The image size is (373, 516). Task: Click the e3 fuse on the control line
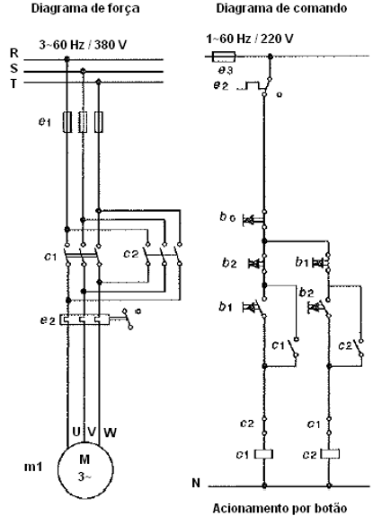pos(224,57)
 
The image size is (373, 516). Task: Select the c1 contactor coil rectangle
pos(263,454)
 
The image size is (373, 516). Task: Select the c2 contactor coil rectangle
pos(330,454)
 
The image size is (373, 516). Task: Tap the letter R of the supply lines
pos(14,53)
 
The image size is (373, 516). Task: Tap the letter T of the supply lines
pos(13,84)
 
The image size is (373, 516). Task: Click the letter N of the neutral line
pos(196,483)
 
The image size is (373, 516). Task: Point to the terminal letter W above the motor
pos(110,432)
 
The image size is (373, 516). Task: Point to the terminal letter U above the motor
pos(76,432)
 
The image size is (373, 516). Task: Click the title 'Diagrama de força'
pos(85,8)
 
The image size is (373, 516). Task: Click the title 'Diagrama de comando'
pos(281,8)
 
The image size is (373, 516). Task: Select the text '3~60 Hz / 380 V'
pos(83,45)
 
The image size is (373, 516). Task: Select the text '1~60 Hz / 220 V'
pos(250,39)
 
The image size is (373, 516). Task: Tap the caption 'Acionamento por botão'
pos(280,508)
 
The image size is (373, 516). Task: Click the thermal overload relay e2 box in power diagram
pos(84,319)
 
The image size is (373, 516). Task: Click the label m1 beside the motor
pos(33,467)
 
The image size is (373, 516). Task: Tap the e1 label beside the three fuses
pos(44,122)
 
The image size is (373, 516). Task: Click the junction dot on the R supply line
pos(67,59)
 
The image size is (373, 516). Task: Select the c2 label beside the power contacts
pos(131,254)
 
